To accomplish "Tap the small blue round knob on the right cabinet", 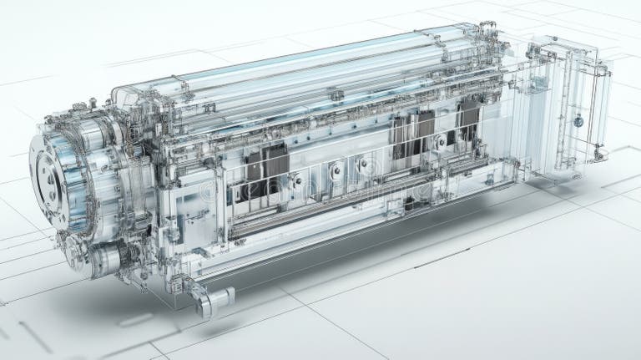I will click(578, 122).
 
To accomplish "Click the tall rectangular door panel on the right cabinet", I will click(580, 109).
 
